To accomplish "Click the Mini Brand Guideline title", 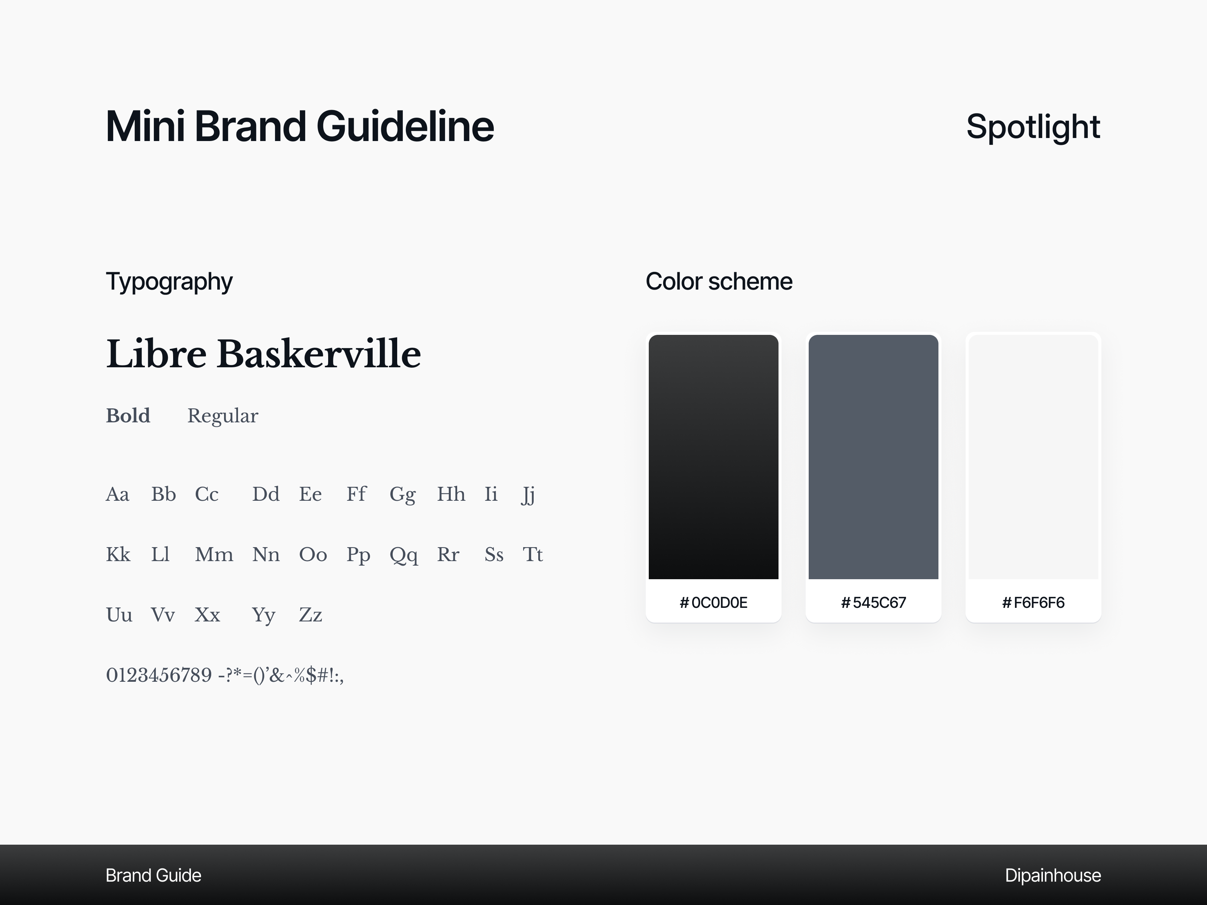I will click(x=299, y=127).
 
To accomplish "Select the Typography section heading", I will click(x=169, y=281).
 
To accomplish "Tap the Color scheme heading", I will click(x=719, y=281).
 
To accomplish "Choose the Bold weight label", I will click(x=128, y=416).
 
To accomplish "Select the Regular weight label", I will click(x=223, y=416).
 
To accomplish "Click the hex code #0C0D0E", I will click(x=713, y=602).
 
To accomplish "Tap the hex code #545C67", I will click(x=873, y=602).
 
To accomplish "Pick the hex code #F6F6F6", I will click(x=1033, y=602).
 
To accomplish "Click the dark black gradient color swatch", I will click(x=713, y=457).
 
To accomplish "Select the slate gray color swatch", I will click(x=873, y=457).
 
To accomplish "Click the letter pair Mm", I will click(x=214, y=555).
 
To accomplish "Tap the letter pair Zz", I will click(x=310, y=615).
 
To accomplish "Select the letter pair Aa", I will click(x=117, y=494).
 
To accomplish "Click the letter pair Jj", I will click(x=528, y=495).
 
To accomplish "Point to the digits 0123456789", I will click(x=159, y=675).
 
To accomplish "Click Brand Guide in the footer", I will click(x=154, y=875).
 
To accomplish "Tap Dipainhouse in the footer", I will click(x=1053, y=875).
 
